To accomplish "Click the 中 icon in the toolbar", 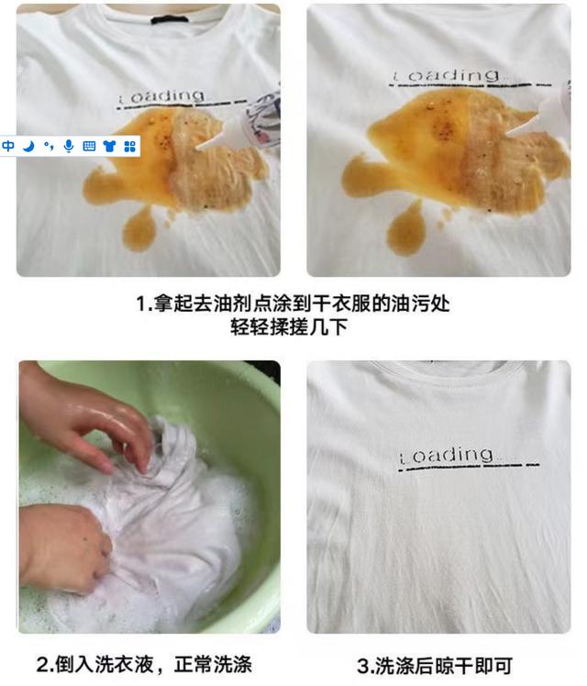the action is point(8,146).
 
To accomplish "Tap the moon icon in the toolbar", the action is point(28,146).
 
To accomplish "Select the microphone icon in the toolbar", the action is point(68,146).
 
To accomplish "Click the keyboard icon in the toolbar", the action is point(89,146).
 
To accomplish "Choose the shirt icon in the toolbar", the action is point(109,146).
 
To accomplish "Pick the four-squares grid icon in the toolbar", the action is point(129,146).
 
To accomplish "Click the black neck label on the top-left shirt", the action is point(170,20).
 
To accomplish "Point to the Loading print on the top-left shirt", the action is point(161,96).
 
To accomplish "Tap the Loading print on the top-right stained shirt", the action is point(446,76).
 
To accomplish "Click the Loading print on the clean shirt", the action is point(446,455).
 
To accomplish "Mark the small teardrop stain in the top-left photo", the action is point(138,229).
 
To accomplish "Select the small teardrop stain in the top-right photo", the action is point(405,228).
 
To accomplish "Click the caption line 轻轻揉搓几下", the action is point(289,326).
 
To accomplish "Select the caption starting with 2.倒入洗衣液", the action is point(144,664).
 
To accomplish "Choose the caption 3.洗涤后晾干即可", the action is point(435,666).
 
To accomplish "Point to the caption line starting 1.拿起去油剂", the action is point(293,304).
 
